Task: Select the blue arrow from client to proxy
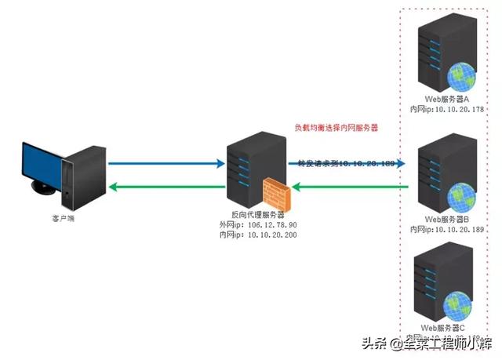point(166,165)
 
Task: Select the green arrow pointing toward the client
point(166,187)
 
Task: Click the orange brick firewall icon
point(279,193)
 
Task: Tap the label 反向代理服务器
point(248,214)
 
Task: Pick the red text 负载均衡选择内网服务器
point(336,127)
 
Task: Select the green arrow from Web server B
point(353,187)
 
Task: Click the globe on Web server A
point(460,78)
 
